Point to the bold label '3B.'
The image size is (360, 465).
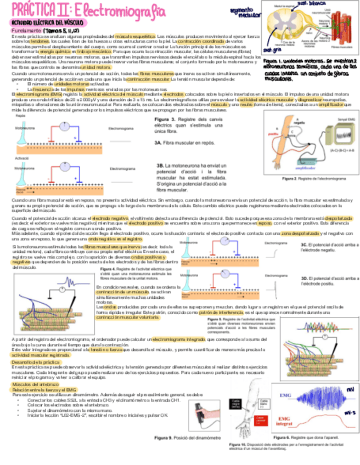click(161, 166)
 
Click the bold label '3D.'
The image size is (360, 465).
click(306, 278)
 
